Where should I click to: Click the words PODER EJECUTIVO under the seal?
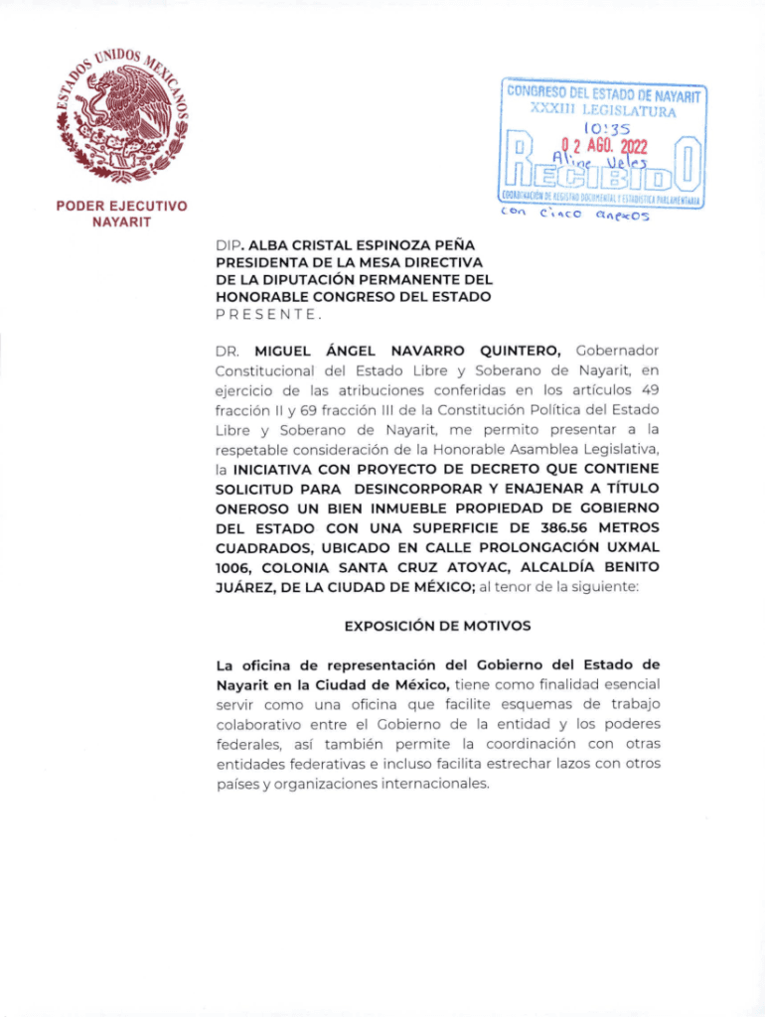[123, 207]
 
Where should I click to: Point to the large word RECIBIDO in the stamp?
[604, 177]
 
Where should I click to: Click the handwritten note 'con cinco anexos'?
[573, 213]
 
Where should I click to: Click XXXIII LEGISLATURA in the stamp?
[603, 110]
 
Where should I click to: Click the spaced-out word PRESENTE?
[267, 314]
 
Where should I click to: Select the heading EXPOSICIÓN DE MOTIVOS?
[437, 626]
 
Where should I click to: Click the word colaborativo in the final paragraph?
[260, 724]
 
